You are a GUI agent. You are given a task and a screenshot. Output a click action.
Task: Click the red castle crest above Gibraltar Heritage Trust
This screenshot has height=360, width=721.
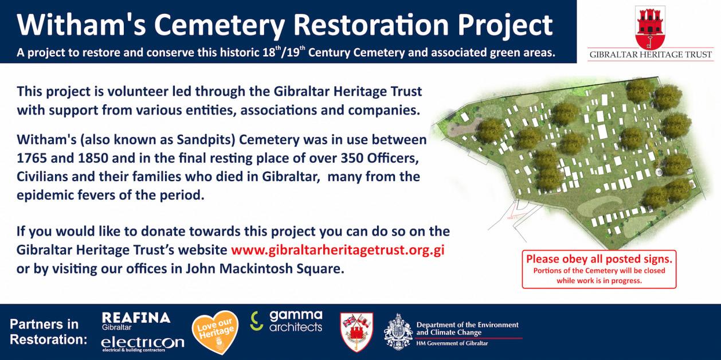tap(650, 28)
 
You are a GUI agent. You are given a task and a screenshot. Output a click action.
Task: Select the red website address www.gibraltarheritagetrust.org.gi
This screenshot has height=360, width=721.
tap(338, 250)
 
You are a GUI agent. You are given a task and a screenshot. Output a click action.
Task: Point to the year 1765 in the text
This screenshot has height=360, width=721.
tap(32, 158)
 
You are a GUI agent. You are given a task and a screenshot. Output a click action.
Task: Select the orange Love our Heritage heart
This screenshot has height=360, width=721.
tap(215, 332)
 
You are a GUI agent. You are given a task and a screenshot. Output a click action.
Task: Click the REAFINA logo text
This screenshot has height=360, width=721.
tap(136, 318)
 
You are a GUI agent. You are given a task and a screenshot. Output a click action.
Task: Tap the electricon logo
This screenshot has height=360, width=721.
tap(143, 344)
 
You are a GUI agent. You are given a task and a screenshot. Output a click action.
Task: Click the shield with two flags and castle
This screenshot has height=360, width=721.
tap(356, 332)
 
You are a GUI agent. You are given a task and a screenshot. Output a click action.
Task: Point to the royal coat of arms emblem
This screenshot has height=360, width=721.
tap(398, 332)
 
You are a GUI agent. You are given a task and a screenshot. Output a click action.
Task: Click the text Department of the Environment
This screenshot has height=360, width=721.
tap(467, 325)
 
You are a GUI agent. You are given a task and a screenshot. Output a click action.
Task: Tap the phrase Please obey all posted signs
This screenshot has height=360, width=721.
tap(599, 259)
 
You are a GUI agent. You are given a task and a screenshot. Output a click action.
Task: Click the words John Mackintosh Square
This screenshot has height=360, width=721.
tap(265, 268)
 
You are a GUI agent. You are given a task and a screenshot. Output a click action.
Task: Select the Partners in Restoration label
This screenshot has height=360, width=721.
tap(48, 332)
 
